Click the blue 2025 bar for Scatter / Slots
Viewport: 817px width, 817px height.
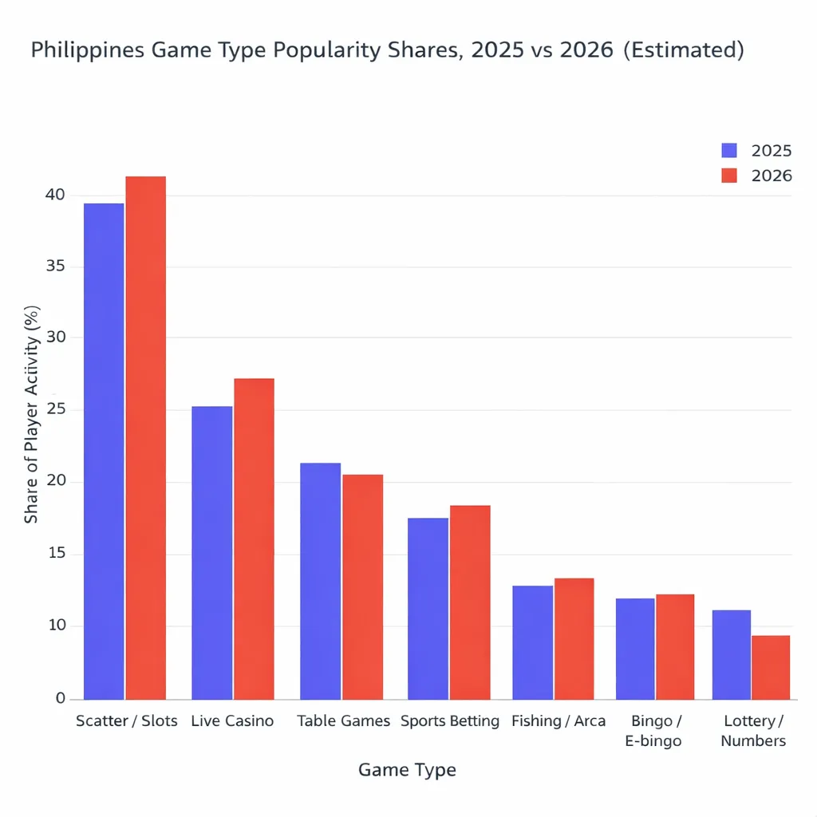pyautogui.click(x=104, y=451)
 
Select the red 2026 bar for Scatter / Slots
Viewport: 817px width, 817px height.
pyautogui.click(x=145, y=437)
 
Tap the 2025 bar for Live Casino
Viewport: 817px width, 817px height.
pyautogui.click(x=212, y=552)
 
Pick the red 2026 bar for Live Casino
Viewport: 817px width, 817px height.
pyautogui.click(x=254, y=539)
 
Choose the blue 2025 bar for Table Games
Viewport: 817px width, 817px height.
pyautogui.click(x=320, y=581)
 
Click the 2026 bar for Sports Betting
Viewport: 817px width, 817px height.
pyautogui.click(x=470, y=602)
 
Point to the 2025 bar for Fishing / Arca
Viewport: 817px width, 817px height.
pyautogui.click(x=532, y=642)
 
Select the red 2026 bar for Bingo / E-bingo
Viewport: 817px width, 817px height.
pyautogui.click(x=674, y=646)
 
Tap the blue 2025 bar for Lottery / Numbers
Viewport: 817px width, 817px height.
pyautogui.click(x=732, y=654)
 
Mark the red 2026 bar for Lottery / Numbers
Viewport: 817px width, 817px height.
pyautogui.click(x=770, y=667)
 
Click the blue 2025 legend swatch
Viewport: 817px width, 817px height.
pyautogui.click(x=729, y=151)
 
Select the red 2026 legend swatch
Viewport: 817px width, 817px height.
pyautogui.click(x=729, y=176)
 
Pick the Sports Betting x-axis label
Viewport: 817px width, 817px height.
pyautogui.click(x=450, y=721)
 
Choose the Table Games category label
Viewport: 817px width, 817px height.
pyautogui.click(x=343, y=721)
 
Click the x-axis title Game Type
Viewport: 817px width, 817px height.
pyautogui.click(x=407, y=770)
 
